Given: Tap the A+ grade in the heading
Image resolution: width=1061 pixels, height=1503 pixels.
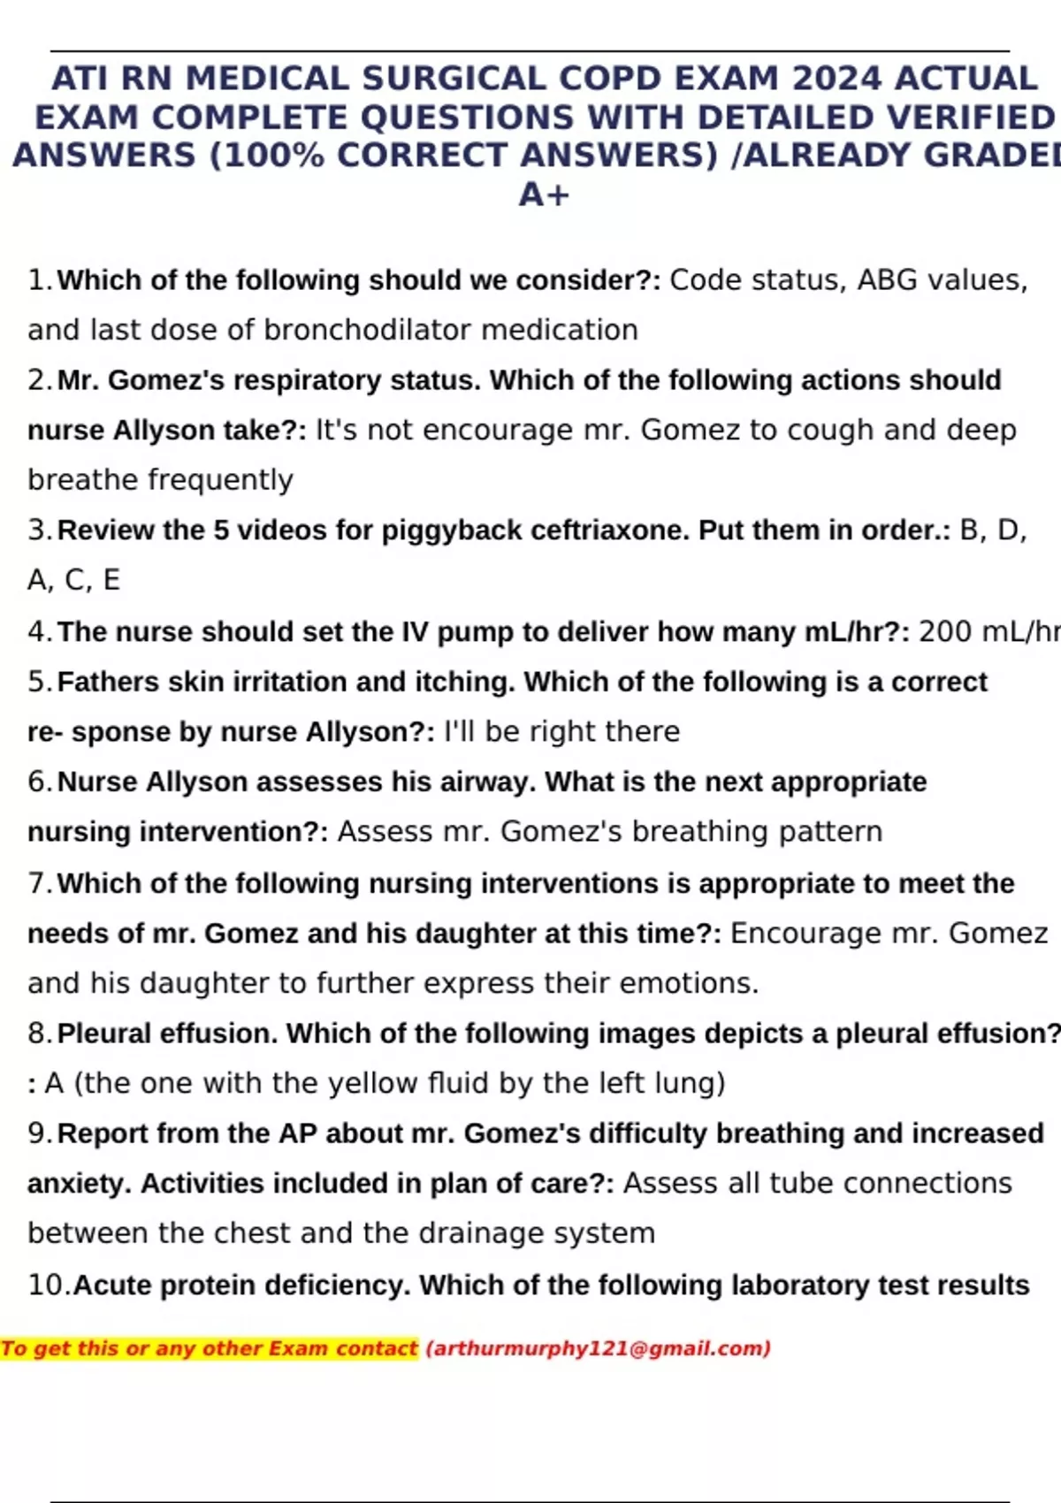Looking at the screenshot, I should coord(544,195).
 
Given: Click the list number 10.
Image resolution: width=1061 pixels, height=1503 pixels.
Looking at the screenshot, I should coord(48,1286).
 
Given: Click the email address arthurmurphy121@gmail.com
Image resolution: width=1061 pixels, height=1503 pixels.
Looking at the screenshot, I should coord(599,1349).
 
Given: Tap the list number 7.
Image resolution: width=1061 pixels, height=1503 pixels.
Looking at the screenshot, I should coord(39,883).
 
